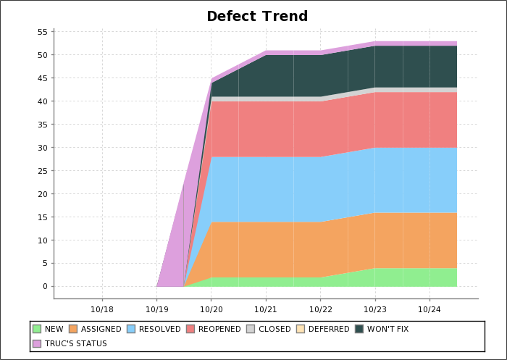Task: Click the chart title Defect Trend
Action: [x=257, y=17]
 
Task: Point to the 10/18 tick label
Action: [x=102, y=309]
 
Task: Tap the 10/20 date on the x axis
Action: [x=211, y=309]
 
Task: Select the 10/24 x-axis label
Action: [x=430, y=309]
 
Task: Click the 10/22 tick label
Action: [x=320, y=309]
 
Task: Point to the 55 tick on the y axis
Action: [x=42, y=32]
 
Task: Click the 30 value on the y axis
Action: [x=42, y=148]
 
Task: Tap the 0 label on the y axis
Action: [x=45, y=287]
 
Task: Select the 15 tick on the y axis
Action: [x=42, y=217]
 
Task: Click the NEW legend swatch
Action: [x=37, y=329]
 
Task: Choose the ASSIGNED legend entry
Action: [x=101, y=329]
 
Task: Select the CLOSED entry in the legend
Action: [x=275, y=329]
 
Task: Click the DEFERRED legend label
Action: [x=329, y=329]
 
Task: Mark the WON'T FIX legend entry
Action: [x=387, y=329]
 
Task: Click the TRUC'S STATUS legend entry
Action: [x=75, y=343]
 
